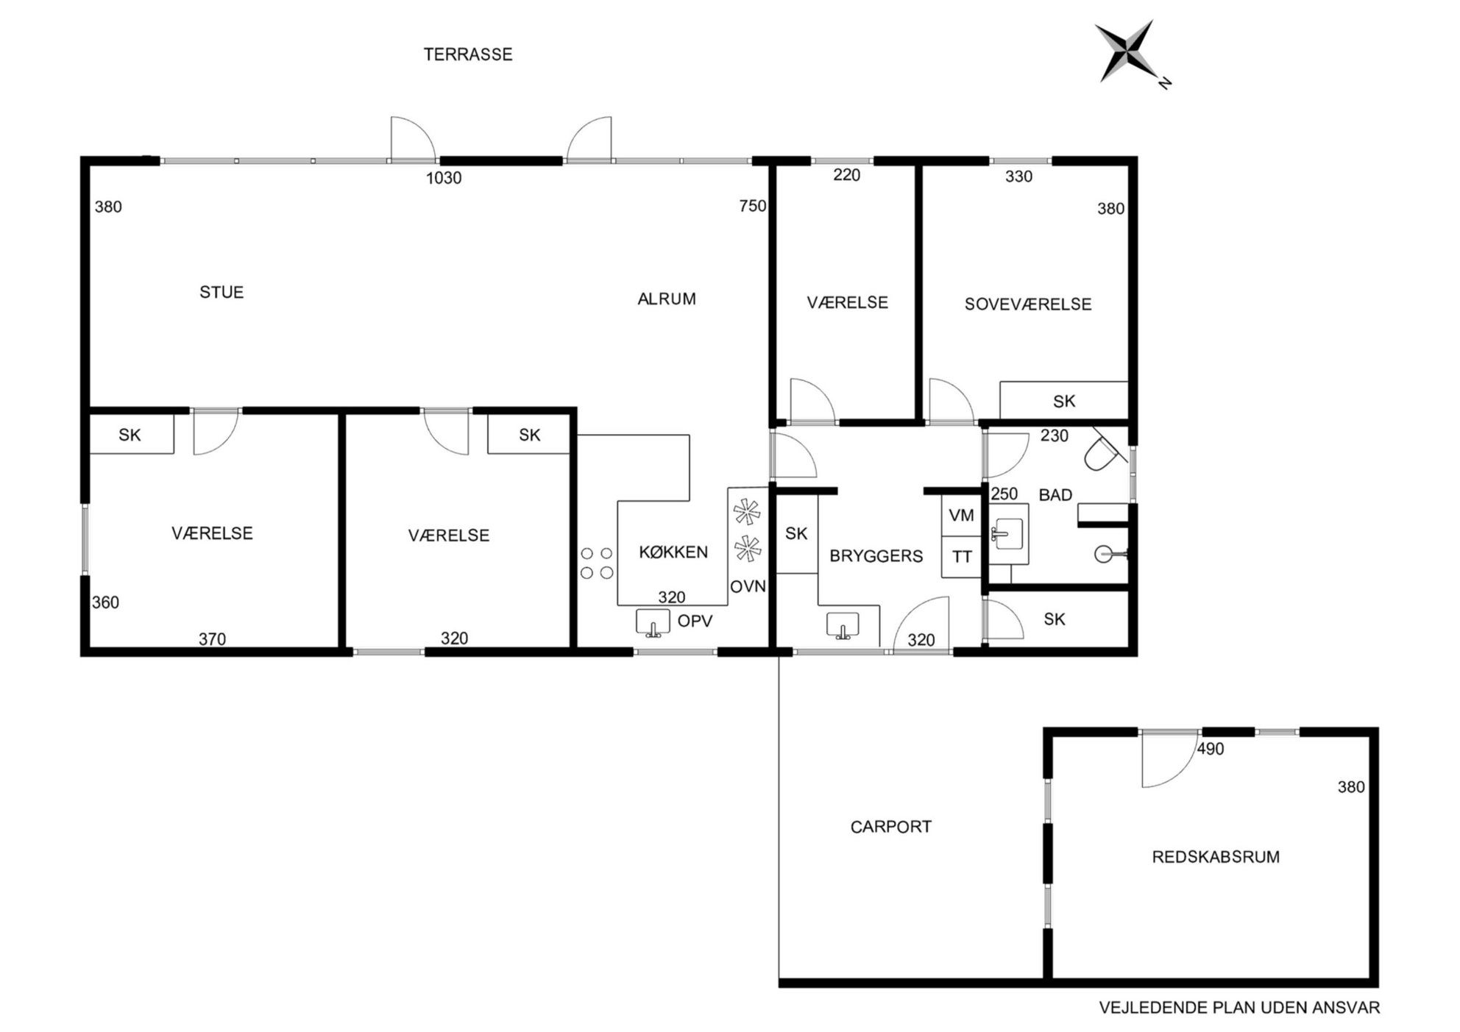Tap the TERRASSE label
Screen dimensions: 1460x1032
click(468, 54)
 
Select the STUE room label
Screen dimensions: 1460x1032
click(222, 292)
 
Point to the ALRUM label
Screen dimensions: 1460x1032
click(667, 299)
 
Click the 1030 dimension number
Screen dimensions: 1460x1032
click(444, 177)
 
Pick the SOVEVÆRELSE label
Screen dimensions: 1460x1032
click(1028, 304)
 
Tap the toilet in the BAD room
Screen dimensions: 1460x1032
click(1104, 449)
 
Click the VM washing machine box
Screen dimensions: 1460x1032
click(962, 516)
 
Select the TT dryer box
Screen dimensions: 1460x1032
click(962, 557)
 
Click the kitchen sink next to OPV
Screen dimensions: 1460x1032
click(653, 622)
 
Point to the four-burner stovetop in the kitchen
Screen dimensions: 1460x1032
click(597, 563)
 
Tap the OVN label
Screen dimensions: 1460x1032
click(748, 586)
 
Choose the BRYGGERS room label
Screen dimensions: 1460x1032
click(876, 556)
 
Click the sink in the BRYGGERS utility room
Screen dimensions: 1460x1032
click(843, 625)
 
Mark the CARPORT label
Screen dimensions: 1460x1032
click(891, 827)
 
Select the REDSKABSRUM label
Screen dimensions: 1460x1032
click(1216, 857)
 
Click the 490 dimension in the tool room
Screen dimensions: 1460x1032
click(1211, 749)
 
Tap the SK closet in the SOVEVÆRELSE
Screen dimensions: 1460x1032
click(1063, 401)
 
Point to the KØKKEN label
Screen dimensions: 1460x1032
click(673, 552)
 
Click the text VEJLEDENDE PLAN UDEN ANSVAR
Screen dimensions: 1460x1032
click(1239, 1008)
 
